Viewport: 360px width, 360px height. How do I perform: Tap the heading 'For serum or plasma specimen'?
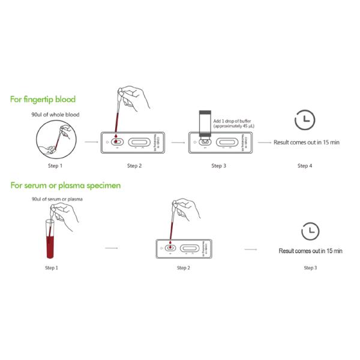click(x=65, y=185)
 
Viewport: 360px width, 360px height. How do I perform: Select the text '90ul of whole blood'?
click(x=55, y=114)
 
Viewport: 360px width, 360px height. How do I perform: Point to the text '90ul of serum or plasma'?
click(x=58, y=199)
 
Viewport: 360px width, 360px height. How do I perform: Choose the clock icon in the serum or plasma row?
click(x=310, y=231)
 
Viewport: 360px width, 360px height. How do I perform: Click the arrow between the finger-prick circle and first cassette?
click(x=91, y=143)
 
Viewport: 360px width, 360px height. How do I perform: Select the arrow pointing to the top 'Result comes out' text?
click(x=263, y=143)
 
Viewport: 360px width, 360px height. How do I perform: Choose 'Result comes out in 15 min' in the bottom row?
click(x=310, y=250)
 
